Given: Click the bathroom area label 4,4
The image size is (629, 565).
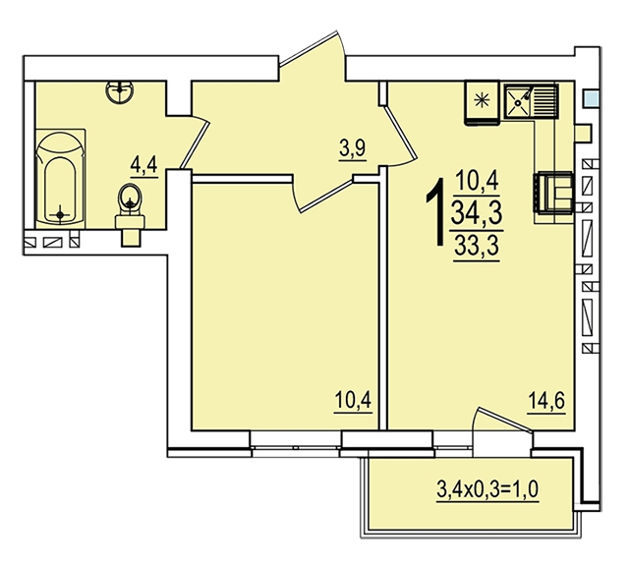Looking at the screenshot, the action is point(144,165).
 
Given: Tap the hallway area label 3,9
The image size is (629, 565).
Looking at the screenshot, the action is point(352,149).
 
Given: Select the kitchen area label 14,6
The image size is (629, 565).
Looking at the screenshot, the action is point(546,400).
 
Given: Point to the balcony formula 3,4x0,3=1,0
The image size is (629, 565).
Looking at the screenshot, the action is point(487,489).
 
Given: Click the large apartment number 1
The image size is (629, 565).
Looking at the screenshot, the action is point(436,212).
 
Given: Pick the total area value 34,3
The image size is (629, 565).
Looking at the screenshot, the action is point(477,213).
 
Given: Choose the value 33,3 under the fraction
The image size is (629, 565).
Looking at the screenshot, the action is point(477,246).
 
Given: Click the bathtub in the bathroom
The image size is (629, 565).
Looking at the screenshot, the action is point(60,179).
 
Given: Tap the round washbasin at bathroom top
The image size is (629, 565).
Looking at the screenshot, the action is point(120,91).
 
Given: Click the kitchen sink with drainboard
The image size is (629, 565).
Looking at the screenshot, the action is point(531,101).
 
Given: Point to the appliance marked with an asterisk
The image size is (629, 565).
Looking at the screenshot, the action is point(482,103).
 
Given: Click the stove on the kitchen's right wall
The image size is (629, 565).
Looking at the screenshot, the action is point(553,192).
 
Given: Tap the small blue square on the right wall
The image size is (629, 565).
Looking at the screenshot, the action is point(592,98).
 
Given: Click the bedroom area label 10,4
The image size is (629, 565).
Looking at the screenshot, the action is point(353,400).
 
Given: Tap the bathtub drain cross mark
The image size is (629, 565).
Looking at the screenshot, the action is point(60,215).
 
